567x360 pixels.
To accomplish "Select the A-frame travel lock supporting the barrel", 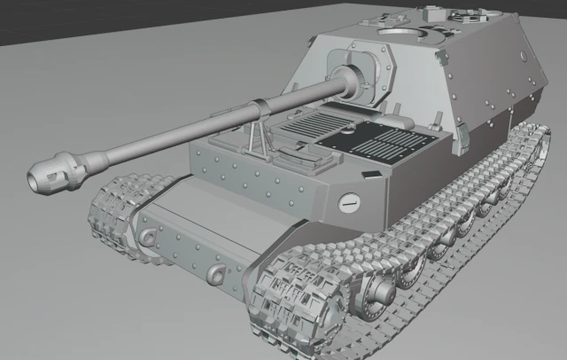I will coord(258,134).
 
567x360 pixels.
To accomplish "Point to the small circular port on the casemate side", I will coord(524,56).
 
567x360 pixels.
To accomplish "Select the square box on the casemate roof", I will coord(431,14).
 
